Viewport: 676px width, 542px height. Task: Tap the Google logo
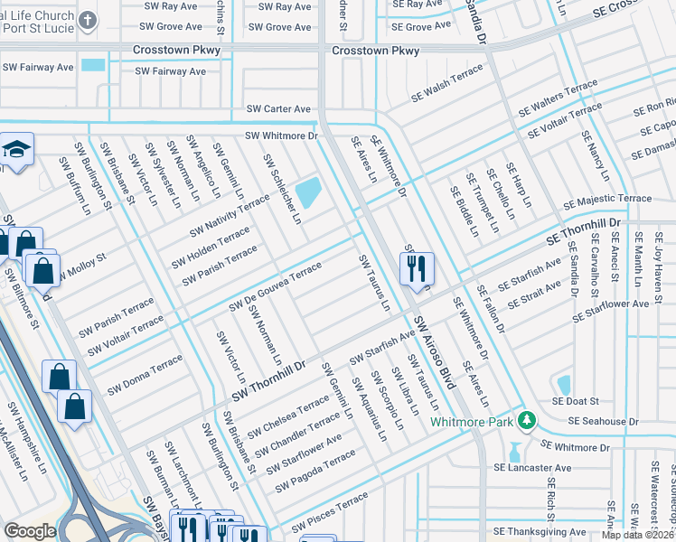click(30, 531)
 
